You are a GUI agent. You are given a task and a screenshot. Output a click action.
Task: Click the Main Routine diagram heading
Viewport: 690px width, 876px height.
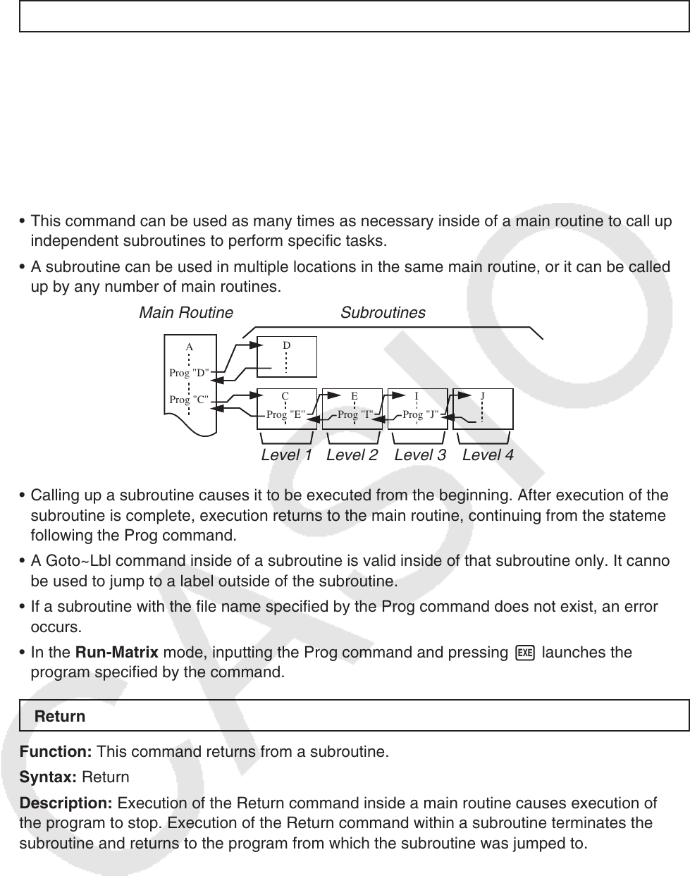186,312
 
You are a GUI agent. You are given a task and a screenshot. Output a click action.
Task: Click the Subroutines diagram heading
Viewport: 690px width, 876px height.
383,312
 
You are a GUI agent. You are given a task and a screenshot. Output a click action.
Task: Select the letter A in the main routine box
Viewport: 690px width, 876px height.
190,347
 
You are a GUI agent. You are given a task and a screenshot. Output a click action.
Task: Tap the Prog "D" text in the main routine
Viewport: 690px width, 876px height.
189,372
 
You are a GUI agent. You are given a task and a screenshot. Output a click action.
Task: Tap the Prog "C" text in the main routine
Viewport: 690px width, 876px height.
189,400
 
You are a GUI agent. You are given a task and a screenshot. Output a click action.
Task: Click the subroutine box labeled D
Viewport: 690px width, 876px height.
287,357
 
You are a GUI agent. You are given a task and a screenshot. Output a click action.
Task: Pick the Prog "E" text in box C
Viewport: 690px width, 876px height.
285,414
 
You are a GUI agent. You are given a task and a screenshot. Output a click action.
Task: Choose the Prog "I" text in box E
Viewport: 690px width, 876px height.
355,414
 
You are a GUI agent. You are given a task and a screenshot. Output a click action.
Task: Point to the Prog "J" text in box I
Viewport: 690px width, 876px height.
420,414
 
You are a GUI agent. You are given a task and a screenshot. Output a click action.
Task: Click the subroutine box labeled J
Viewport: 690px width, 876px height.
483,409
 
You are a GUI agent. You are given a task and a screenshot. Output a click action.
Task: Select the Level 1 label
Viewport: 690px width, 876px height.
286,455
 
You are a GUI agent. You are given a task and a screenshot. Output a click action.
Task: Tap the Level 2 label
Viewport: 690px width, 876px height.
352,455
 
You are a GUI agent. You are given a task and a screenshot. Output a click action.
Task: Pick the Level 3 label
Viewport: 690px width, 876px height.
420,455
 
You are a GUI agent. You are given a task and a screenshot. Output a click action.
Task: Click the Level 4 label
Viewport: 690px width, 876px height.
488,455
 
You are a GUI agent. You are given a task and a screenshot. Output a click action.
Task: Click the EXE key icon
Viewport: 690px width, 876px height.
524,653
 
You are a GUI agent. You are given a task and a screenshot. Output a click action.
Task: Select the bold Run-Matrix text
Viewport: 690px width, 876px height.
116,653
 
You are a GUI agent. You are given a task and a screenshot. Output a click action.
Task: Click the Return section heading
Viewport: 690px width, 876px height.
60,716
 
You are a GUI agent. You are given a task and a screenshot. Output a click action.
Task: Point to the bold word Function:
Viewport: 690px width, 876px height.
56,752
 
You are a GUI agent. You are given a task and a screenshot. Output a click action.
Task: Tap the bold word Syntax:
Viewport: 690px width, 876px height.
49,777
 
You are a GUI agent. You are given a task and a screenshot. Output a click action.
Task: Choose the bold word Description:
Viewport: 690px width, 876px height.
66,803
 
